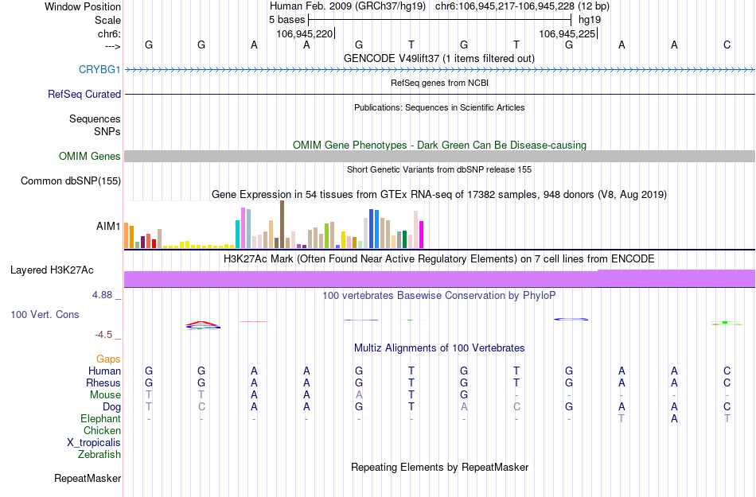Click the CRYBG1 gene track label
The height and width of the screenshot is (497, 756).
99,70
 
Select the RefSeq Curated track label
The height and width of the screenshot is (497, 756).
84,94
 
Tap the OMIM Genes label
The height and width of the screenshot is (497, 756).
89,157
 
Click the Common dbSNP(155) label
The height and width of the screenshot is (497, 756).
70,181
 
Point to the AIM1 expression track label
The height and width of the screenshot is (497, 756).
108,226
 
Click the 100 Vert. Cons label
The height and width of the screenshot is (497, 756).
45,315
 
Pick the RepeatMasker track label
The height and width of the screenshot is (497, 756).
88,479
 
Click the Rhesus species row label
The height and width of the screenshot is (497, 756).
103,382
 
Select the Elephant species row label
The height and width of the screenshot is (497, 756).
101,418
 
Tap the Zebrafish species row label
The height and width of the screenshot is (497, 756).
99,455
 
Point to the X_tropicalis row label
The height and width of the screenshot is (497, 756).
94,443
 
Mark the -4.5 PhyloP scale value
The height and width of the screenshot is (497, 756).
106,335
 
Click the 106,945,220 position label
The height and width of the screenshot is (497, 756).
305,34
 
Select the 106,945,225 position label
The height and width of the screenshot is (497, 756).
567,34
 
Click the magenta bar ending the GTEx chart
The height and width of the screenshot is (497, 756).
421,235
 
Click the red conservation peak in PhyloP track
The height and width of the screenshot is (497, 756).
202,324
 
